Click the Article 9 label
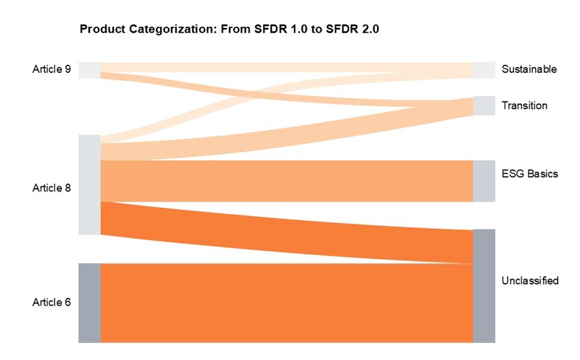tap(52, 69)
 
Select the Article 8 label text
tap(52, 187)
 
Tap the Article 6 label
tap(52, 302)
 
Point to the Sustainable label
tap(529, 70)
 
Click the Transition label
tap(524, 106)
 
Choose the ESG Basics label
tap(530, 174)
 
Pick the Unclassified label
tap(530, 280)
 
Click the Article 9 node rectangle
tap(89, 70)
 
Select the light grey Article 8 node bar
tap(89, 185)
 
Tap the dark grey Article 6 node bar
tap(89, 303)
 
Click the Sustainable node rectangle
tap(484, 70)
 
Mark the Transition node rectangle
tap(484, 106)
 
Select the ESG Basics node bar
tap(484, 181)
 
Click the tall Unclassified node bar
tap(484, 286)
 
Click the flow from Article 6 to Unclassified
tap(286, 303)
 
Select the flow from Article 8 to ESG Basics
tap(286, 181)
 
